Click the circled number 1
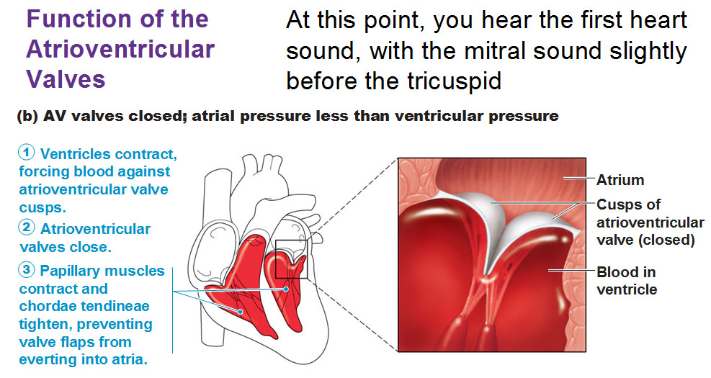point(27,153)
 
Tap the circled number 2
point(27,227)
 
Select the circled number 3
point(27,269)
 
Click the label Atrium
point(620,180)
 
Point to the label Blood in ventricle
point(627,281)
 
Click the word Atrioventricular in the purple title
point(120,49)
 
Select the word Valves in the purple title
point(66,79)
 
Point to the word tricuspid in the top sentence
point(454,81)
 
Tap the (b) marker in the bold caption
point(27,117)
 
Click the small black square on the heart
point(292,258)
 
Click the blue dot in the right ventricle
point(241,311)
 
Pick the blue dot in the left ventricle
point(286,288)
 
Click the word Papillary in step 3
point(68,271)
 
